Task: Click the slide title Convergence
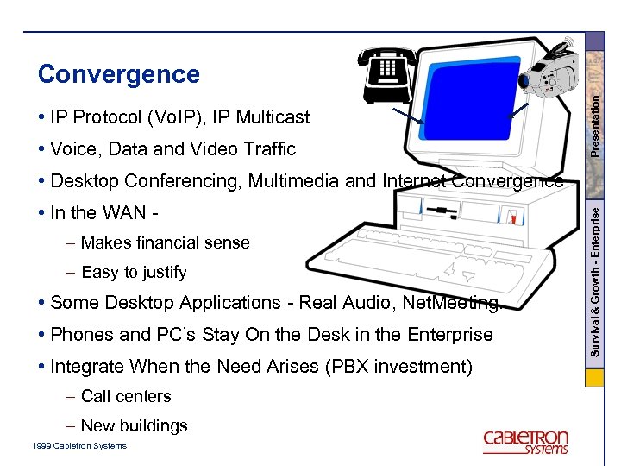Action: [x=118, y=74]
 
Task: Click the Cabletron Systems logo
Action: [x=525, y=440]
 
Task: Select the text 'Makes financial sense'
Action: [x=165, y=242]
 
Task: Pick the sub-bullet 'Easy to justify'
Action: [x=134, y=273]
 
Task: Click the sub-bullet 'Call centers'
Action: [x=126, y=397]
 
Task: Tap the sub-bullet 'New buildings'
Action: [x=134, y=426]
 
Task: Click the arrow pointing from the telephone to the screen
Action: [x=406, y=116]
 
